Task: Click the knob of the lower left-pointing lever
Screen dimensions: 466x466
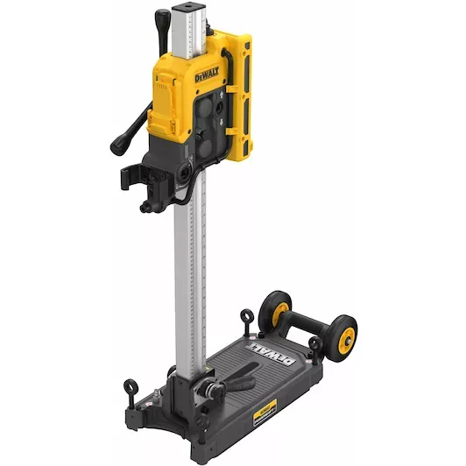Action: (x=116, y=145)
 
